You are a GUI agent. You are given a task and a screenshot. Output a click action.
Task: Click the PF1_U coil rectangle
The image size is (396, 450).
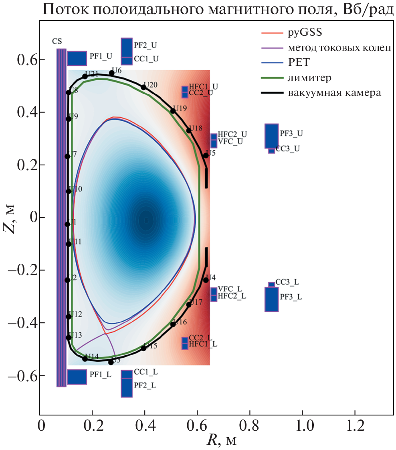pyautogui.click(x=77, y=58)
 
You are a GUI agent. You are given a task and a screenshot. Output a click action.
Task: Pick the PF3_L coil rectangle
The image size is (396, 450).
pyautogui.click(x=271, y=299)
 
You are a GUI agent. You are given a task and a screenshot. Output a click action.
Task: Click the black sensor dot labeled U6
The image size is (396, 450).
pyautogui.click(x=112, y=73)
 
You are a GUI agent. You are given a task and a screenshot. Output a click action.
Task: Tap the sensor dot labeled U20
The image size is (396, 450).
pyautogui.click(x=143, y=87)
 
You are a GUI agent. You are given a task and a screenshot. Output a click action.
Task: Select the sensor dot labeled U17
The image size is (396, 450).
pyautogui.click(x=189, y=305)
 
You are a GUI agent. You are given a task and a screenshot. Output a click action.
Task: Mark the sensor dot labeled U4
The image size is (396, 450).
pyautogui.click(x=206, y=280)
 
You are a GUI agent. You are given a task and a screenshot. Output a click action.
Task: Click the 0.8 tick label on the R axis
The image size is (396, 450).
pyautogui.click(x=250, y=426)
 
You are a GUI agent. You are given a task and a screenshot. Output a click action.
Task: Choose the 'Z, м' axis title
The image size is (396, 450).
pyautogui.click(x=12, y=218)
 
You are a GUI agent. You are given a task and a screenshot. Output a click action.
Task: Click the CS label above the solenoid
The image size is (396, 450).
pyautogui.click(x=57, y=41)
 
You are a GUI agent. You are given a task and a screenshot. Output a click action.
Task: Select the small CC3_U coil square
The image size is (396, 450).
pyautogui.click(x=271, y=151)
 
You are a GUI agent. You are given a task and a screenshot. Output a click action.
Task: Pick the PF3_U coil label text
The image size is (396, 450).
pyautogui.click(x=291, y=133)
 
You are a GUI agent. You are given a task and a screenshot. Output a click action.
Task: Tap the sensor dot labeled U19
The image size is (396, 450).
pyautogui.click(x=173, y=111)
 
